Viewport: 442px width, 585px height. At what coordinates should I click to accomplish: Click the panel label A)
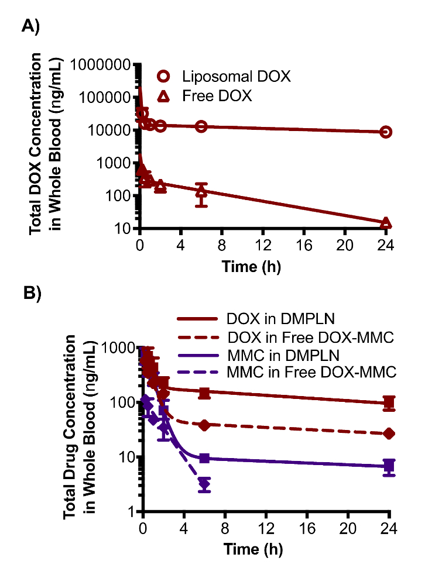tap(30, 26)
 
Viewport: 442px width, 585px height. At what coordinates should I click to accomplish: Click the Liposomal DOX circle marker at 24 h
tap(386, 132)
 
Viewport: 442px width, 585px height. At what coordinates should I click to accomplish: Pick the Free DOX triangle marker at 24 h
tap(386, 223)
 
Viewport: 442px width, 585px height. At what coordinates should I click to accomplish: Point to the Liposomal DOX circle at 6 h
tap(201, 126)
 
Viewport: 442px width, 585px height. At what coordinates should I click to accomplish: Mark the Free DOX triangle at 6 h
tap(201, 191)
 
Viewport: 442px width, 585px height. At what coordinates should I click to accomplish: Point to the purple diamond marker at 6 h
tap(204, 484)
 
